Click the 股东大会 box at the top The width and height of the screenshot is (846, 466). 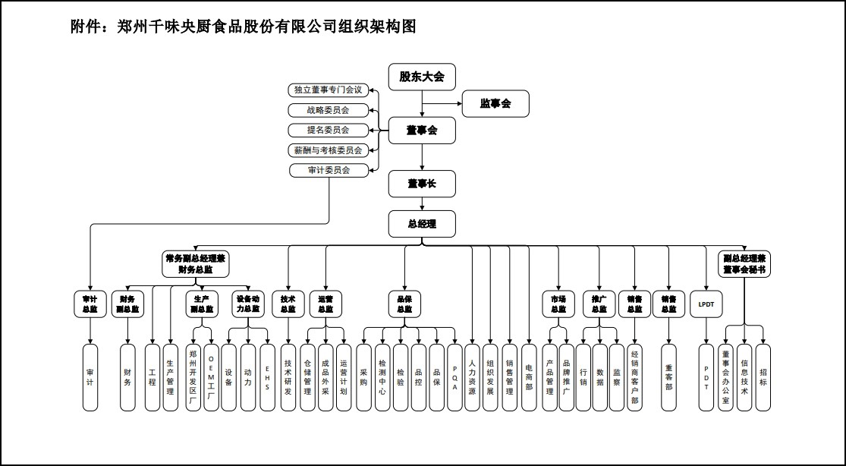pos(422,77)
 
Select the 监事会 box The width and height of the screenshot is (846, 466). pos(495,104)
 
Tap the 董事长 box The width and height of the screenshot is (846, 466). pos(422,184)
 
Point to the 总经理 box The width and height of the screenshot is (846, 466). pos(422,224)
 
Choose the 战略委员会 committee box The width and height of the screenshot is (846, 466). pos(329,110)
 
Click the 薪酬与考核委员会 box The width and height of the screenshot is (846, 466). pos(329,150)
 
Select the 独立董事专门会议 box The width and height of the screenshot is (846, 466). pos(329,90)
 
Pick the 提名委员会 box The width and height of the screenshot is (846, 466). pos(329,130)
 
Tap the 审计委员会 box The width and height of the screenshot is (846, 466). pos(329,171)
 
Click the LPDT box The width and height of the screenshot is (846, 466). pos(706,304)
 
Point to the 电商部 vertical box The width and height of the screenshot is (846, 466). pos(529,377)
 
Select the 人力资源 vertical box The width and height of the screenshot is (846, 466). pos(473,377)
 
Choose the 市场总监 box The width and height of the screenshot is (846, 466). pos(558,304)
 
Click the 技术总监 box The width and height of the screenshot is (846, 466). pos(288,304)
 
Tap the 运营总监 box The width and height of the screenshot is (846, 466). pos(325,304)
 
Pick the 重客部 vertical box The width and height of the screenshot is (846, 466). pos(668,377)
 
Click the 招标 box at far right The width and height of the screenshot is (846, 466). pos(763,377)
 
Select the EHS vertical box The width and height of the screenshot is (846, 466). pos(267,377)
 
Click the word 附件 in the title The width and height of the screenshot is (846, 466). pos(82,27)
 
